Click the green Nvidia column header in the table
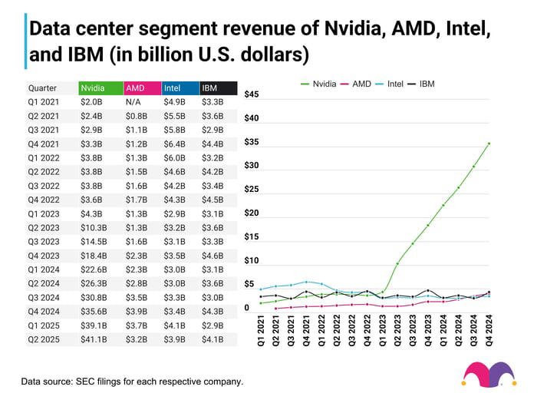click(100, 88)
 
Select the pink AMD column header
click(140, 88)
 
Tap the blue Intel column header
click(179, 88)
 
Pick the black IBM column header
click(217, 88)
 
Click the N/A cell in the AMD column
click(133, 101)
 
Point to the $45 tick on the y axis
click(252, 94)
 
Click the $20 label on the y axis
click(252, 213)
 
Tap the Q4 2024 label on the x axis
click(489, 332)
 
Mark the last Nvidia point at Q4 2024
click(489, 144)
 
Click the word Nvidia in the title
click(352, 30)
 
